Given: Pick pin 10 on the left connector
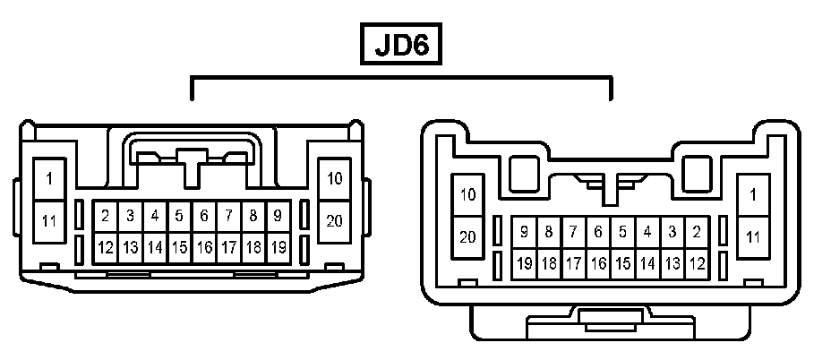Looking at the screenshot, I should click(335, 178).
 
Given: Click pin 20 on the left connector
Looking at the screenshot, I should click(335, 219).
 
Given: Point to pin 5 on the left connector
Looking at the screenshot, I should click(179, 216).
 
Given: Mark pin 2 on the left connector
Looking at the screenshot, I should click(105, 216).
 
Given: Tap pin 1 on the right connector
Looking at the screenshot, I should click(753, 194).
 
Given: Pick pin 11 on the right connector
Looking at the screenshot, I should click(753, 237).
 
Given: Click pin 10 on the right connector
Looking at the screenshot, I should click(467, 194).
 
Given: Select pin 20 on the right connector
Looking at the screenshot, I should click(467, 237).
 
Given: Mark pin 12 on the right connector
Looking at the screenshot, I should click(697, 264).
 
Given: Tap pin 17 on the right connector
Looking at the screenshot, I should click(573, 264).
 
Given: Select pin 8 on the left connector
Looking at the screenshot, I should click(253, 216).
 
